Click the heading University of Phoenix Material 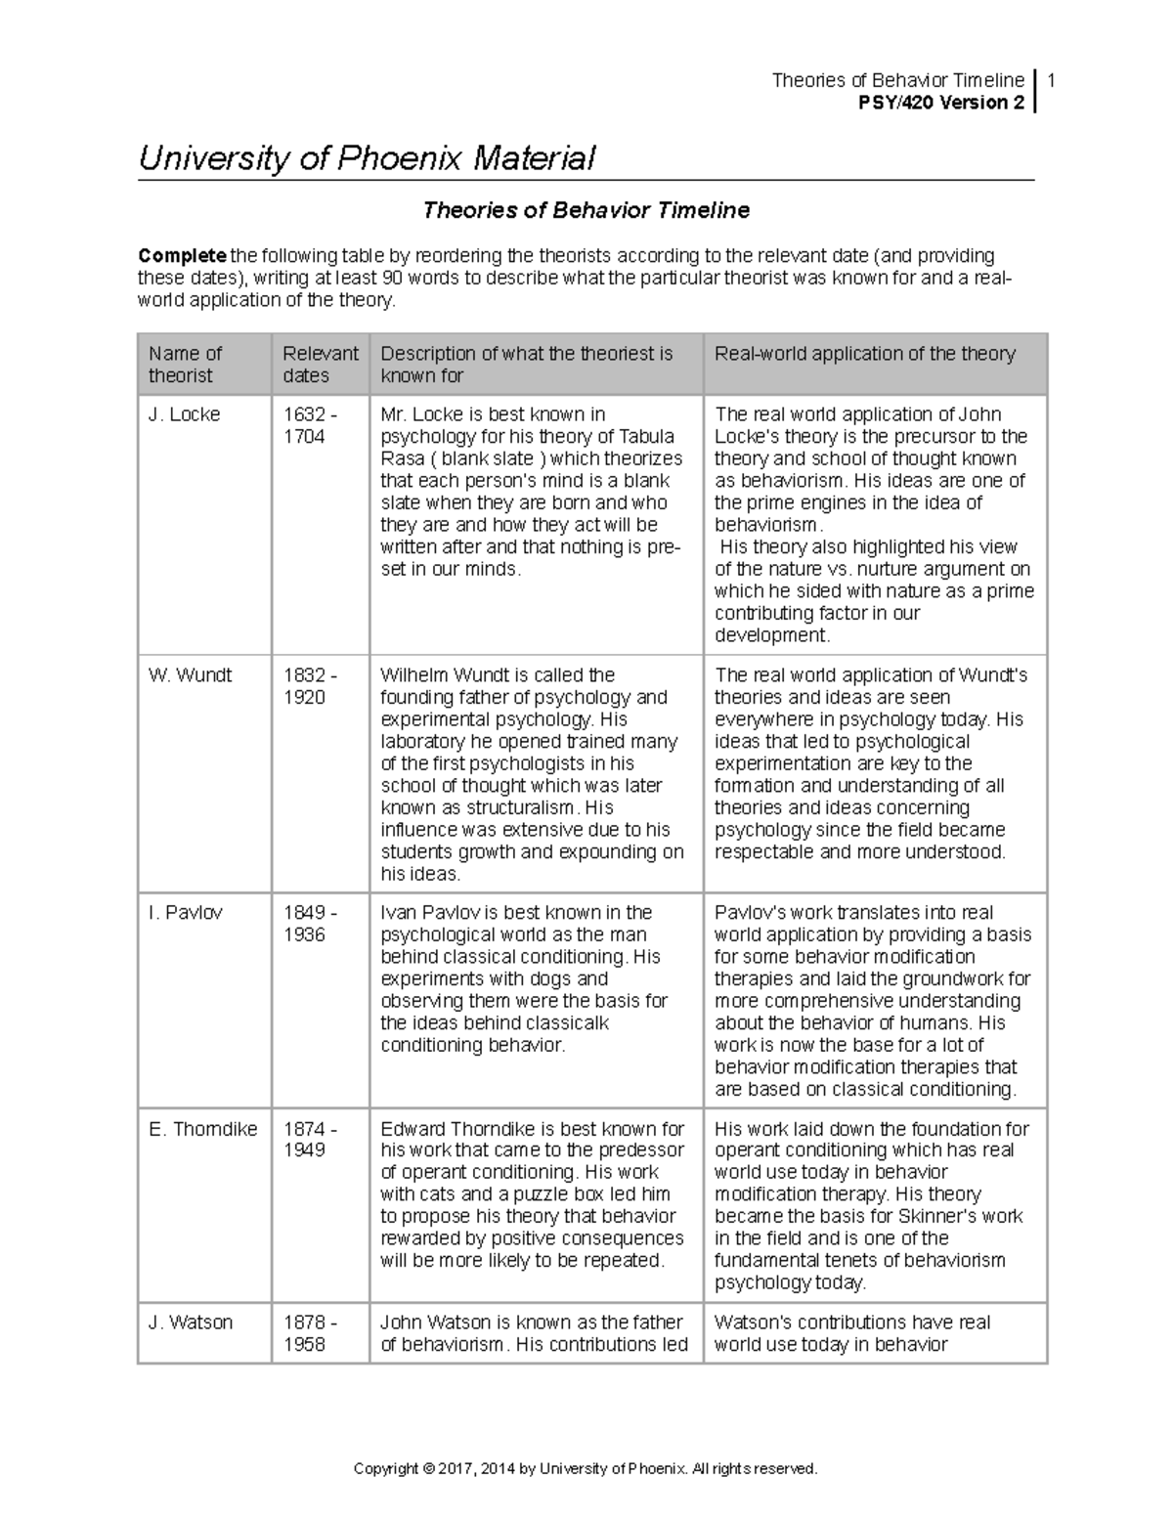367,158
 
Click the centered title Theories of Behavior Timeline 586,210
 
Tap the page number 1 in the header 1050,80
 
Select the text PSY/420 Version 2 939,103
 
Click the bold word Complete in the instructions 182,256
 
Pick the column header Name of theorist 185,365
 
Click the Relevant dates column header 320,365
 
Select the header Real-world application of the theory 865,354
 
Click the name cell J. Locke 184,414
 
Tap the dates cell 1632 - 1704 309,425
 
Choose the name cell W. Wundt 190,675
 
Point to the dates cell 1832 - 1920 309,686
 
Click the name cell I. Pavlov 185,913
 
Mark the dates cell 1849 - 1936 309,924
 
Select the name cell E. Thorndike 202,1129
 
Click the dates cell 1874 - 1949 309,1140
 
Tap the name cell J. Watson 190,1323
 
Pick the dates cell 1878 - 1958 309,1333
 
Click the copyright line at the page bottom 585,1469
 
